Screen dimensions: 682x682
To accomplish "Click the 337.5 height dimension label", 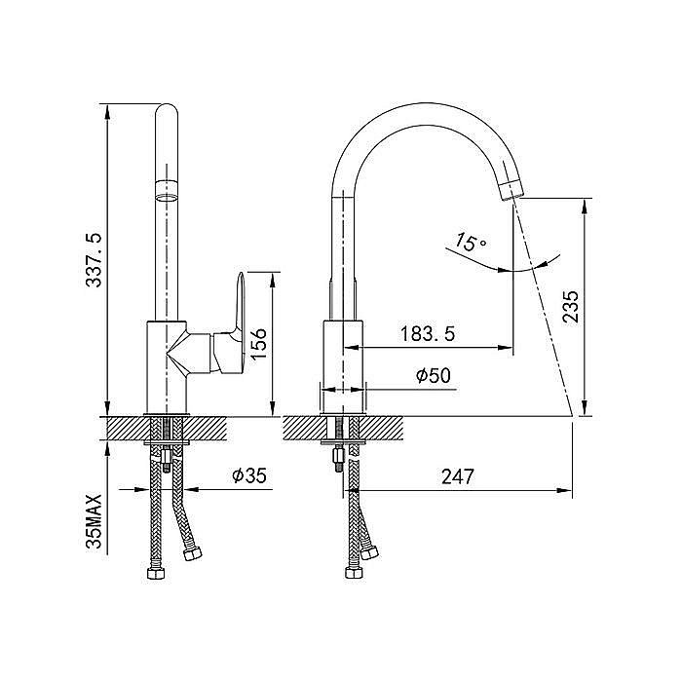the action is pos(94,260).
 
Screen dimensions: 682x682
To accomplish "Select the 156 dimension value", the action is pos(258,344).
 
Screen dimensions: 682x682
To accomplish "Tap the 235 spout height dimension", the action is pos(571,307).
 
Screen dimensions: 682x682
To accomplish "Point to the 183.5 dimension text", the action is pos(428,334).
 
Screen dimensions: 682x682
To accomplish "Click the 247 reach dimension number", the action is pos(458,476).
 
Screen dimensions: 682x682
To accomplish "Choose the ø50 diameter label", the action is pos(434,375).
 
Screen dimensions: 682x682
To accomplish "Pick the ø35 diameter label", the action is pos(249,475).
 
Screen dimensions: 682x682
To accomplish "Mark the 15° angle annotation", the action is pos(471,242).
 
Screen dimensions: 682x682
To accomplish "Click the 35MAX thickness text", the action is pos(94,521).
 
